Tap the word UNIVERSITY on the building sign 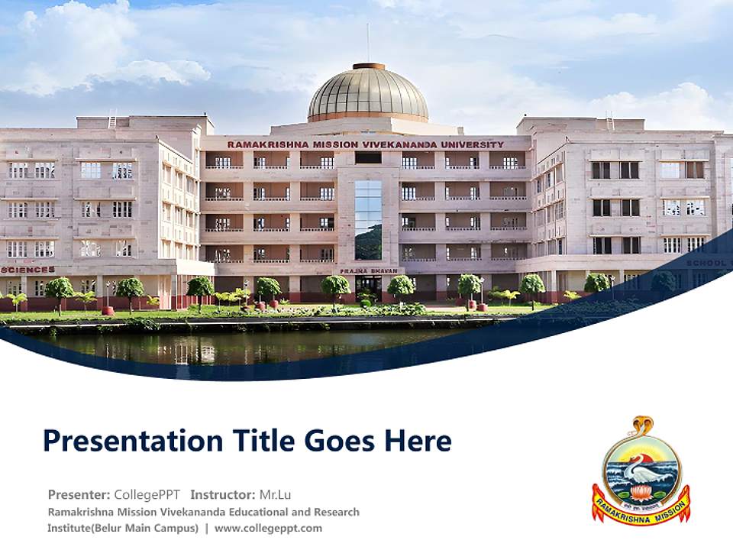(474, 144)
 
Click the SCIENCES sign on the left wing (28, 270)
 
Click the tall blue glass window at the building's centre (368, 219)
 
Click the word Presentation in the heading (122, 441)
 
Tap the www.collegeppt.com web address (268, 528)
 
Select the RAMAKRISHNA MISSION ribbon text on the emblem (641, 512)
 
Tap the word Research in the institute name (329, 512)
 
